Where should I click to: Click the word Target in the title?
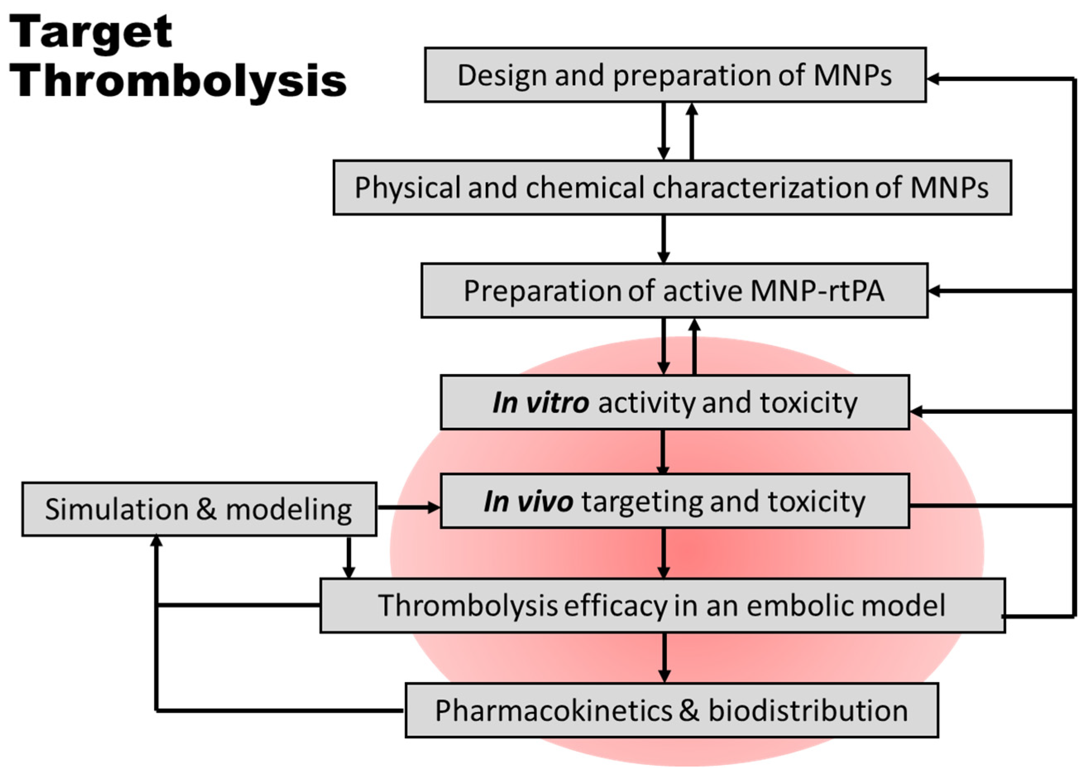pos(91,33)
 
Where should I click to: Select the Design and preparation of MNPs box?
pos(674,75)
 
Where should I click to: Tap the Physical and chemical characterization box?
pos(672,187)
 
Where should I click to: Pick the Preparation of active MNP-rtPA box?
pos(674,291)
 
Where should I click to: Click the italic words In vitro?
pos(540,402)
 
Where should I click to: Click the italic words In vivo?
pos(528,502)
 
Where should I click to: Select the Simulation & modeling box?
pos(199,509)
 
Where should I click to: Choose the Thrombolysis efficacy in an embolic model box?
pos(662,605)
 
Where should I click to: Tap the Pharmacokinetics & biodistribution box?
pos(671,711)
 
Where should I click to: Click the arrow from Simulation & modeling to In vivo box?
pos(409,507)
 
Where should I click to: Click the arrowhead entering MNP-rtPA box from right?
pos(934,291)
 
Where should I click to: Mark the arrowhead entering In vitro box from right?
pos(916,411)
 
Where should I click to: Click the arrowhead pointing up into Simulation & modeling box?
pos(156,542)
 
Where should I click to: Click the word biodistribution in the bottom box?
pos(808,711)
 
